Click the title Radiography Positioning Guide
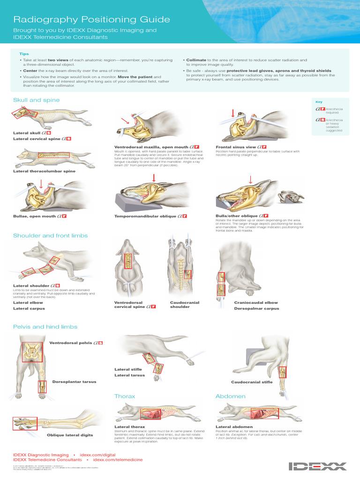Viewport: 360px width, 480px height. tap(91, 20)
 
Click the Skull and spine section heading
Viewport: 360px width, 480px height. tap(36, 100)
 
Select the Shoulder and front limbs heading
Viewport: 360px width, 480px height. tap(50, 236)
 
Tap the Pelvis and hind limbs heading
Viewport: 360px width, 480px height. tap(45, 327)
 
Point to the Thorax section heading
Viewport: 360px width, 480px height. tap(125, 397)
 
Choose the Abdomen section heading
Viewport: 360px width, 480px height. tap(230, 397)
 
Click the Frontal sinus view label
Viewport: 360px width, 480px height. tap(235, 147)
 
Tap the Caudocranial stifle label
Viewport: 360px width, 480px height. tap(252, 382)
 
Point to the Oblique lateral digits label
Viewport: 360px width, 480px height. tap(70, 435)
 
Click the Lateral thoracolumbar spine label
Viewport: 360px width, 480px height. tap(44, 171)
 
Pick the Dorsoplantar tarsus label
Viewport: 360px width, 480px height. tap(74, 382)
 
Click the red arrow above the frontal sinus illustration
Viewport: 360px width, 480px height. tap(233, 113)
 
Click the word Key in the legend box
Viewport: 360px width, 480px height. tap(319, 102)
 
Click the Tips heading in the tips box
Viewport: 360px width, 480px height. tap(24, 54)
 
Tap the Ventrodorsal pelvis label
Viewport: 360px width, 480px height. tap(71, 343)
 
